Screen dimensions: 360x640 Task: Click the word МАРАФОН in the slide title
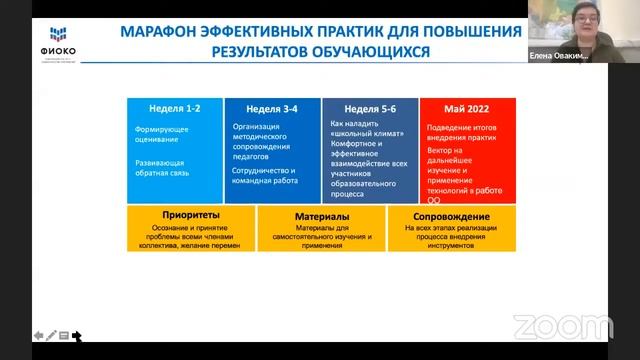click(164, 31)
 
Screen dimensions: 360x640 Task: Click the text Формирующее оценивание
click(159, 135)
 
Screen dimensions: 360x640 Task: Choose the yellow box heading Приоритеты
click(191, 215)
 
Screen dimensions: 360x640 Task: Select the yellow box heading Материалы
click(321, 215)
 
